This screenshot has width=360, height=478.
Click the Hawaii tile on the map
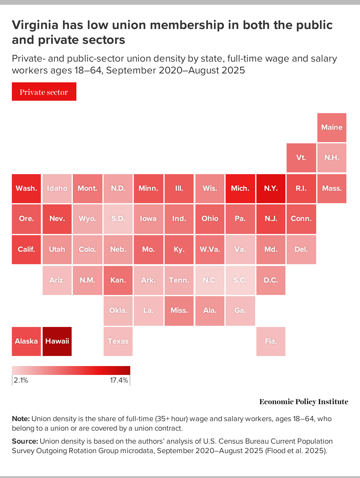coord(57,341)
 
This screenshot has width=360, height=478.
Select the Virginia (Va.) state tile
coord(240,249)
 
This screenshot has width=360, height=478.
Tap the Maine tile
coord(332,127)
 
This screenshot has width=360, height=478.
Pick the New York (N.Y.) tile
coord(271,188)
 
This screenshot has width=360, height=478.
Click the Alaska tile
coord(26,341)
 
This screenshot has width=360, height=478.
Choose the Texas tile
coord(118,341)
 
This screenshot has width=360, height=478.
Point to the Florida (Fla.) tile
coord(271,341)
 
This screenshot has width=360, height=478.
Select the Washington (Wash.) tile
coord(26,188)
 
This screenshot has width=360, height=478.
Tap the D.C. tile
coord(271,280)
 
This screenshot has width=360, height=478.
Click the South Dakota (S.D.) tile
coord(118,219)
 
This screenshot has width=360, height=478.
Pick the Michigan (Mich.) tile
coord(240,188)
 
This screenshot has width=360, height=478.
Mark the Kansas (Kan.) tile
coord(118,280)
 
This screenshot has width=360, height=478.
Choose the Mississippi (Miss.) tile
coord(179,311)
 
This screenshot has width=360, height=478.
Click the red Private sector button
coord(44,92)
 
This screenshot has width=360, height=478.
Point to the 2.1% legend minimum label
coord(21,380)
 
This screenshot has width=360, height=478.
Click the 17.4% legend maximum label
coord(119,380)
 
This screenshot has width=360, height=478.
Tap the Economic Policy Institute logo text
coord(304,402)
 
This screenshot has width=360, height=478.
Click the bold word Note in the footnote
coord(21,419)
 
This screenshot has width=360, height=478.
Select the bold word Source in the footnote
coord(25,441)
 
